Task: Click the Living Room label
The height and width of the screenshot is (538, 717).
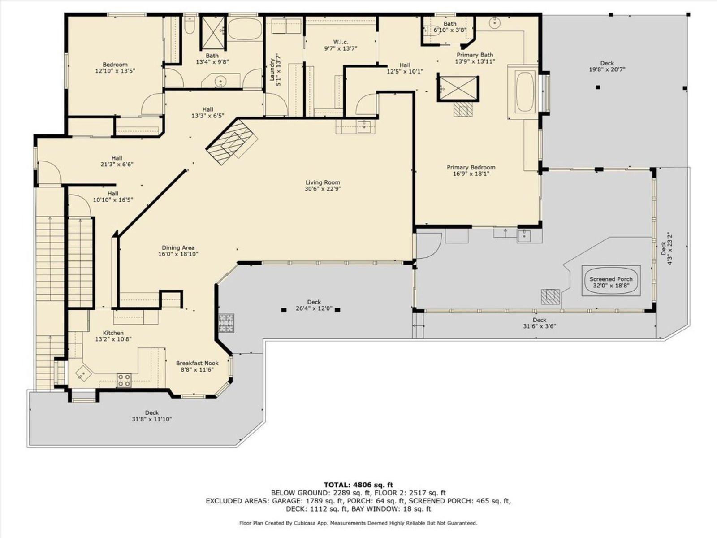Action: pyautogui.click(x=323, y=182)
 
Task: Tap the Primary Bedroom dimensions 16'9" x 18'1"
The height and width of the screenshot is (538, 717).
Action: pyautogui.click(x=471, y=174)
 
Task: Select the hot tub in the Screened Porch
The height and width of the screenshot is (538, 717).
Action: pyautogui.click(x=611, y=281)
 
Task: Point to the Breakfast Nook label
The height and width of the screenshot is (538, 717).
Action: pyautogui.click(x=197, y=363)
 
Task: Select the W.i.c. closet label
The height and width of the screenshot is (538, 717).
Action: pyautogui.click(x=341, y=42)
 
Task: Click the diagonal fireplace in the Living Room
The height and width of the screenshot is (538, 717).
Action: pyautogui.click(x=232, y=142)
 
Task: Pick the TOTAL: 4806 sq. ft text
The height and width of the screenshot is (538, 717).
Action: pyautogui.click(x=358, y=485)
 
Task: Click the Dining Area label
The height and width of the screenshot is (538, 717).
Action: pyautogui.click(x=178, y=248)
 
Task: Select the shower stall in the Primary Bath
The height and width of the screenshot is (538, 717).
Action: pyautogui.click(x=458, y=88)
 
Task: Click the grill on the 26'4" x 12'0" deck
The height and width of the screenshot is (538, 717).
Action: pyautogui.click(x=226, y=323)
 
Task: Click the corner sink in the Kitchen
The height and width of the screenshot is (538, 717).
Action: pyautogui.click(x=83, y=373)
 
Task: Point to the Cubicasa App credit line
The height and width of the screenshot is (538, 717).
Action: pyautogui.click(x=358, y=523)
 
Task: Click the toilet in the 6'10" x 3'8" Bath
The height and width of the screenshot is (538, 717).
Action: pyautogui.click(x=429, y=30)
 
